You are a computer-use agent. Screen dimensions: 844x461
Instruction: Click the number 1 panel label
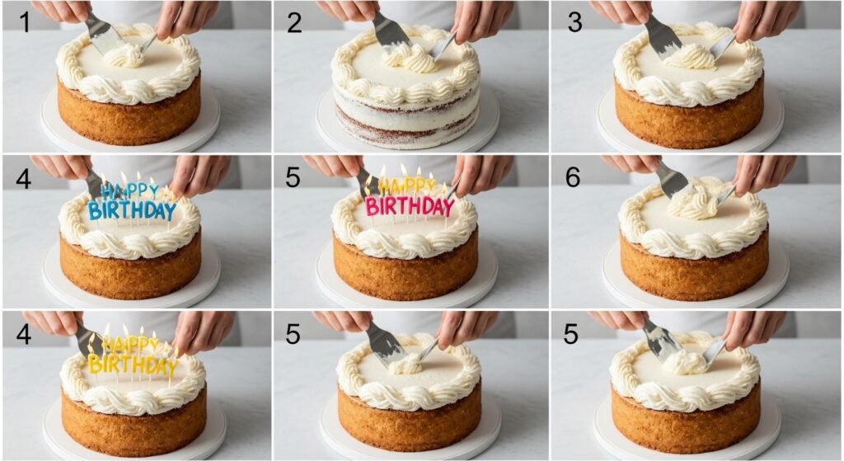[25, 22]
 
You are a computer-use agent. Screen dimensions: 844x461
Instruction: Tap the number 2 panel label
[294, 22]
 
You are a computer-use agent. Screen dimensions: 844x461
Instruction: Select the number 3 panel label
[574, 22]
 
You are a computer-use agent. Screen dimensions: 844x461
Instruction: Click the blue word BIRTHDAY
[132, 210]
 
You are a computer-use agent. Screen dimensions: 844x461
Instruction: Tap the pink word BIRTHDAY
[410, 207]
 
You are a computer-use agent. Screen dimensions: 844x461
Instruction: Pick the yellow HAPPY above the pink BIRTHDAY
[407, 186]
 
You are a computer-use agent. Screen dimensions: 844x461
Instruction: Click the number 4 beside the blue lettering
[23, 179]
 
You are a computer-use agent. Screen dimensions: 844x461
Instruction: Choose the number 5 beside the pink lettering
[293, 178]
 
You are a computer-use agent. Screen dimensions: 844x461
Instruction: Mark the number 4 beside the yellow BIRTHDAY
[23, 334]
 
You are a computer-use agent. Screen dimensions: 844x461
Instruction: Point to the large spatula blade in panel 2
[392, 32]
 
